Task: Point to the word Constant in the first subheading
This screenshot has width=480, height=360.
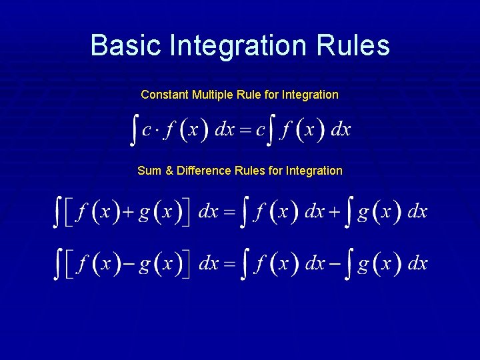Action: [x=165, y=95]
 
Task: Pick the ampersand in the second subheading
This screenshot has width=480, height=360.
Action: [x=169, y=171]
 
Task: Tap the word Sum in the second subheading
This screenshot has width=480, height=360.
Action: [x=149, y=171]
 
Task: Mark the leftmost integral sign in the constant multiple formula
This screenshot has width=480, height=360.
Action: [x=134, y=130]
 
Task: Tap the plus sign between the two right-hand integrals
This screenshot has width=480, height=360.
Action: [x=333, y=213]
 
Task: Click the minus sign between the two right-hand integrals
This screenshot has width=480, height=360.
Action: [x=333, y=264]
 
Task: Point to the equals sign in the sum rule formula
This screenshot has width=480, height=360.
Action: [x=229, y=213]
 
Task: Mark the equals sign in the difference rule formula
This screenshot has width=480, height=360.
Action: [x=229, y=264]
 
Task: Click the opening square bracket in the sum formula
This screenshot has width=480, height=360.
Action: [x=69, y=213]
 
